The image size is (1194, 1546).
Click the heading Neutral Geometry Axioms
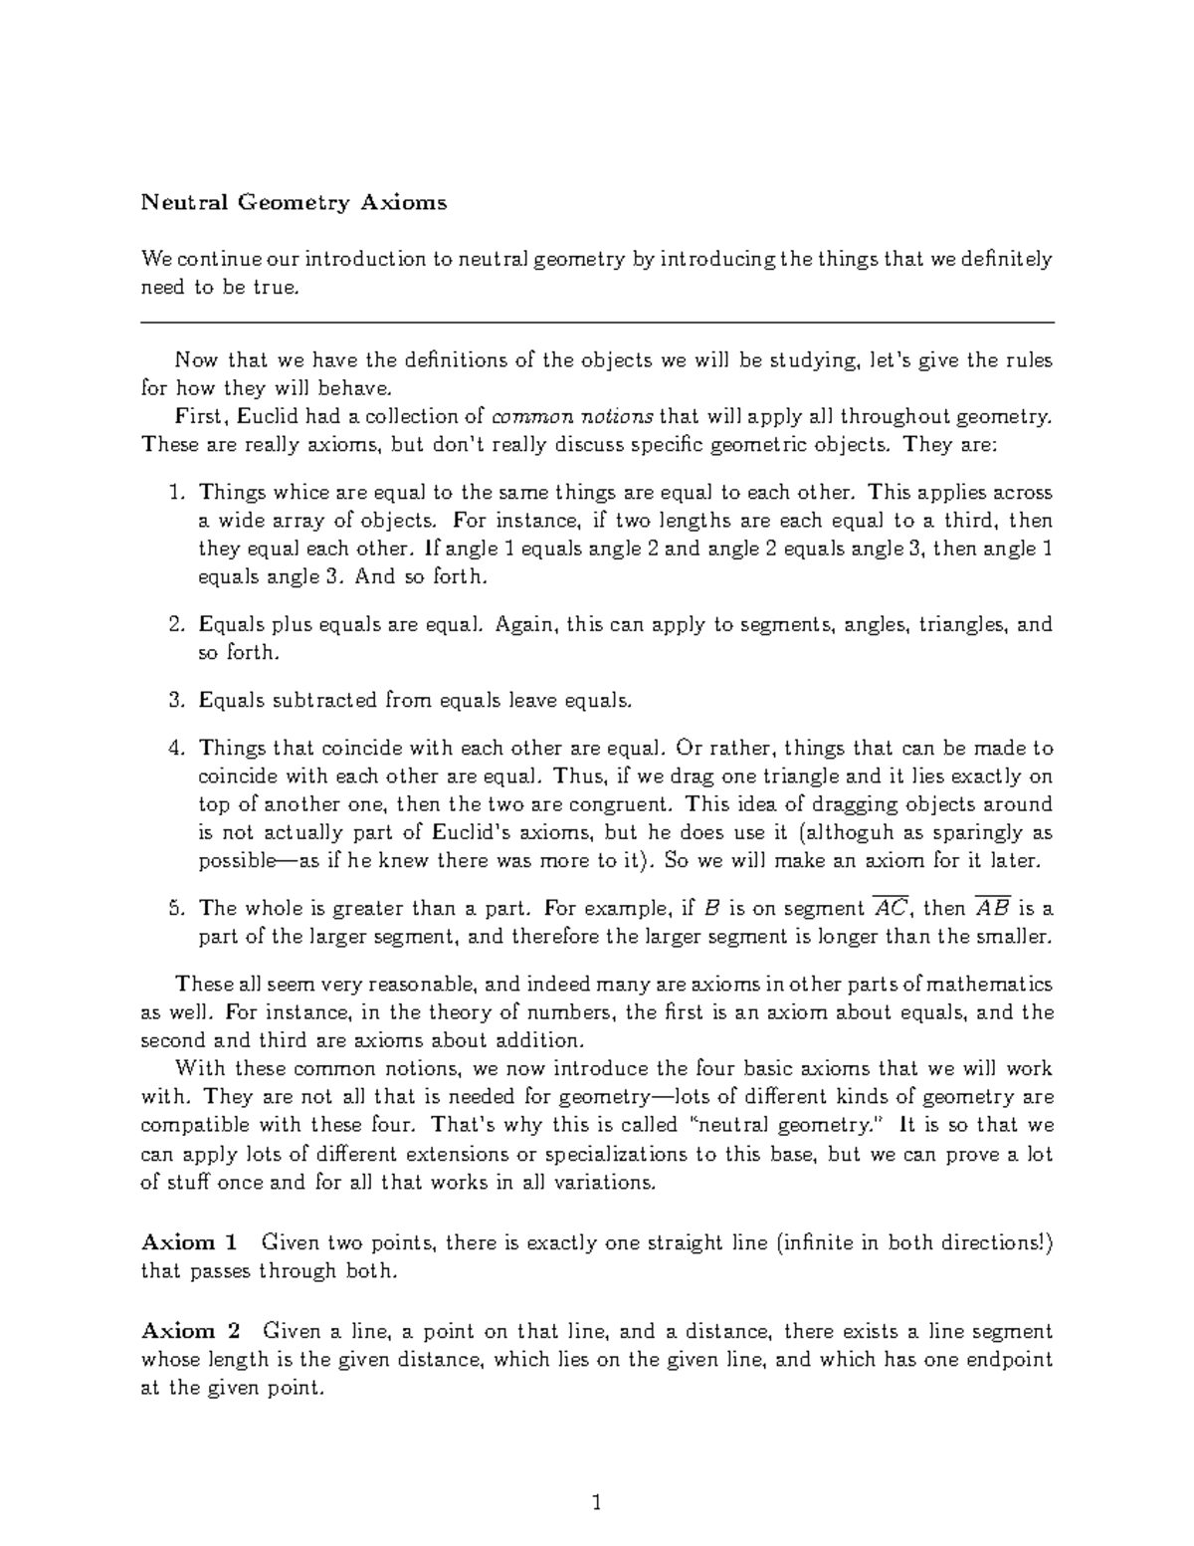click(x=294, y=203)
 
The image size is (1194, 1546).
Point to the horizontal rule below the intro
click(x=597, y=323)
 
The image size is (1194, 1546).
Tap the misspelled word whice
click(x=298, y=493)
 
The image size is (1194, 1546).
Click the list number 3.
click(x=176, y=700)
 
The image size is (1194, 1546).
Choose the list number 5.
click(x=176, y=908)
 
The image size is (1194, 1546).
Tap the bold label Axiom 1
click(x=190, y=1242)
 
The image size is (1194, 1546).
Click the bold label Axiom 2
click(x=190, y=1331)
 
